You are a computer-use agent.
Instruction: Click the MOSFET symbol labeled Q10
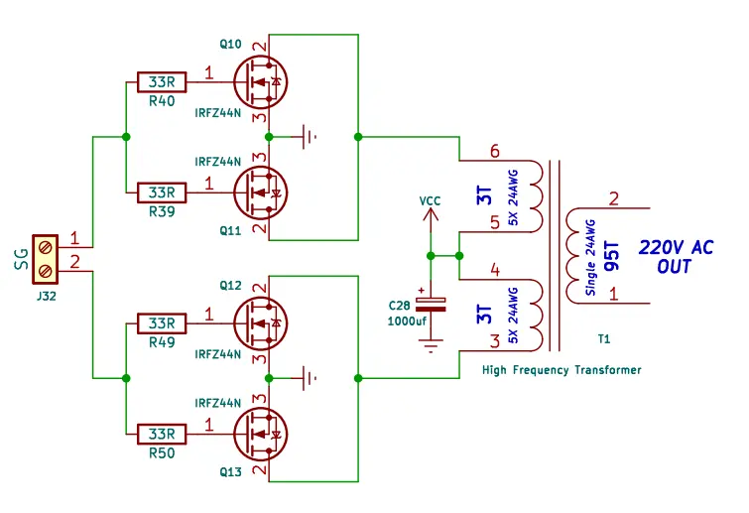(260, 80)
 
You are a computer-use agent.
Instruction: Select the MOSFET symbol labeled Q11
(260, 191)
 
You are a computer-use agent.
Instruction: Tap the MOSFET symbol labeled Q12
(260, 322)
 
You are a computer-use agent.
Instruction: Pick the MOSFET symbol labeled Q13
(260, 434)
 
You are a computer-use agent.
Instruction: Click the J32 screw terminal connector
(46, 258)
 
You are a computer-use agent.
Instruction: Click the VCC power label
(430, 200)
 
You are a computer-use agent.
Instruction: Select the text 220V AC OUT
(675, 257)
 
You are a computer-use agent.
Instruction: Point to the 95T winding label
(612, 256)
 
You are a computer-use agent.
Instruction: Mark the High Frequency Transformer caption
(562, 370)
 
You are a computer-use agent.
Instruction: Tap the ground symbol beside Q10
(311, 136)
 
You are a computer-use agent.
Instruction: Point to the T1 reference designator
(604, 339)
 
